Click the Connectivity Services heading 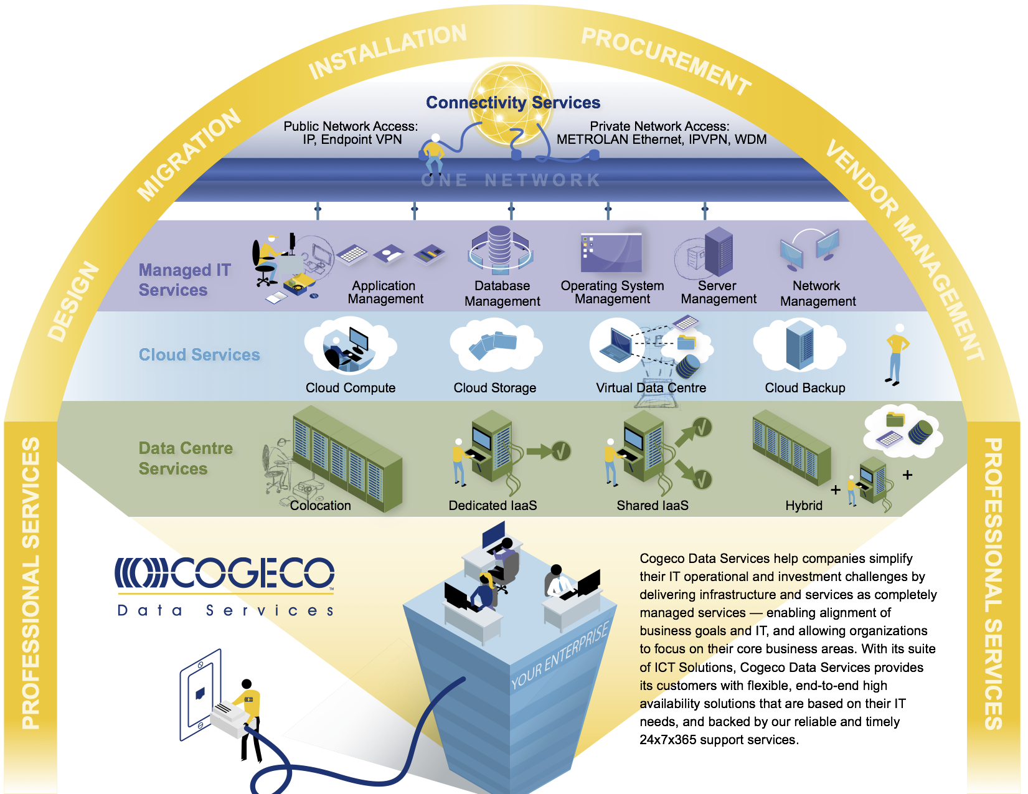click(x=513, y=102)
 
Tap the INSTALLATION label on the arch click(x=387, y=50)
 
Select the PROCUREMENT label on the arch click(x=666, y=60)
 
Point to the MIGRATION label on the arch click(x=189, y=154)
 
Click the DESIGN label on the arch click(x=73, y=301)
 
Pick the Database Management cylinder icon click(x=500, y=250)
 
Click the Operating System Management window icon click(x=611, y=253)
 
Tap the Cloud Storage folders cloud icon click(x=495, y=345)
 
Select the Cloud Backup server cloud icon click(x=799, y=344)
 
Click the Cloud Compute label click(x=351, y=387)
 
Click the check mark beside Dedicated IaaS click(x=561, y=451)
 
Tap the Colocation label click(x=320, y=506)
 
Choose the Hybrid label click(x=804, y=506)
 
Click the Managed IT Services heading click(x=184, y=280)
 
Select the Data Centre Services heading click(x=186, y=458)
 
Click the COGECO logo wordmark click(x=224, y=572)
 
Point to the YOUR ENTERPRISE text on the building click(x=560, y=655)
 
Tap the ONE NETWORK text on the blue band click(x=511, y=180)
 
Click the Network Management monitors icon click(x=809, y=249)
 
